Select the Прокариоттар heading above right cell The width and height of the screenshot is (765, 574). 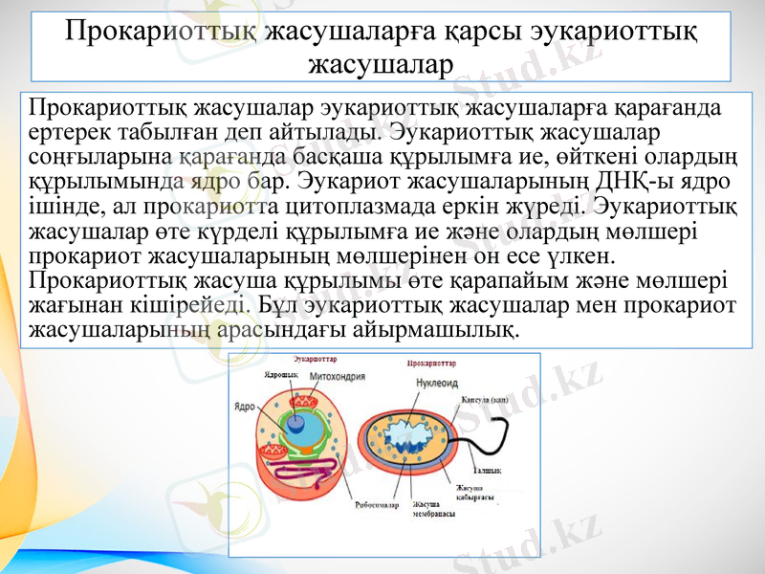(x=431, y=364)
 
